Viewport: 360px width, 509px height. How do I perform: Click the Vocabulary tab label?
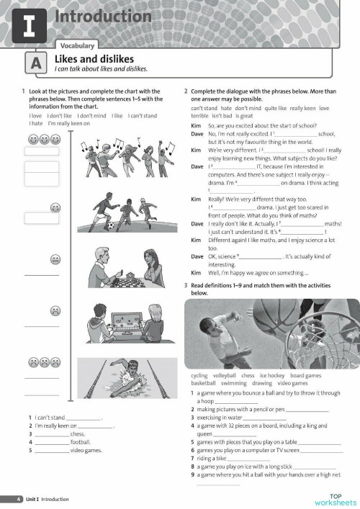pos(77,45)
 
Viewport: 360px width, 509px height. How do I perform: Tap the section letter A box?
pos(36,63)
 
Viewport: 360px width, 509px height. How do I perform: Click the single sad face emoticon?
pos(55,311)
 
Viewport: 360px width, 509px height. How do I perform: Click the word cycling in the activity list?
pos(199,376)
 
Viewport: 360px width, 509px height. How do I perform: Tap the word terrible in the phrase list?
pos(199,115)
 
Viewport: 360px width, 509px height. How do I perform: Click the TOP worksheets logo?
pos(335,499)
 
